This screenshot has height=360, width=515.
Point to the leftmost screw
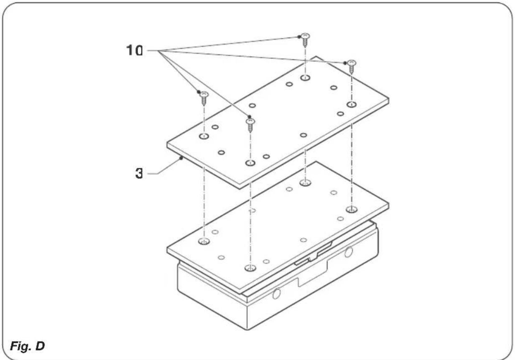point(204,98)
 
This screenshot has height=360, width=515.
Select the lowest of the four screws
point(250,124)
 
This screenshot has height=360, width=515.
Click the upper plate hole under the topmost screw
point(306,78)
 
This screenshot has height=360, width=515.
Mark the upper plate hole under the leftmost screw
point(204,137)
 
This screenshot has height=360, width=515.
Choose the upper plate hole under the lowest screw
point(250,163)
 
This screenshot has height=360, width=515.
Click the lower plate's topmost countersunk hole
point(306,183)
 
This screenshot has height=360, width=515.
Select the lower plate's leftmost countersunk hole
point(204,241)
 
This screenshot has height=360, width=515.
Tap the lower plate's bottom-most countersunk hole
point(250,268)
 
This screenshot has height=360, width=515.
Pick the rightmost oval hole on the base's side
point(348,252)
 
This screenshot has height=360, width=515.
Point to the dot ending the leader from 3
point(180,158)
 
